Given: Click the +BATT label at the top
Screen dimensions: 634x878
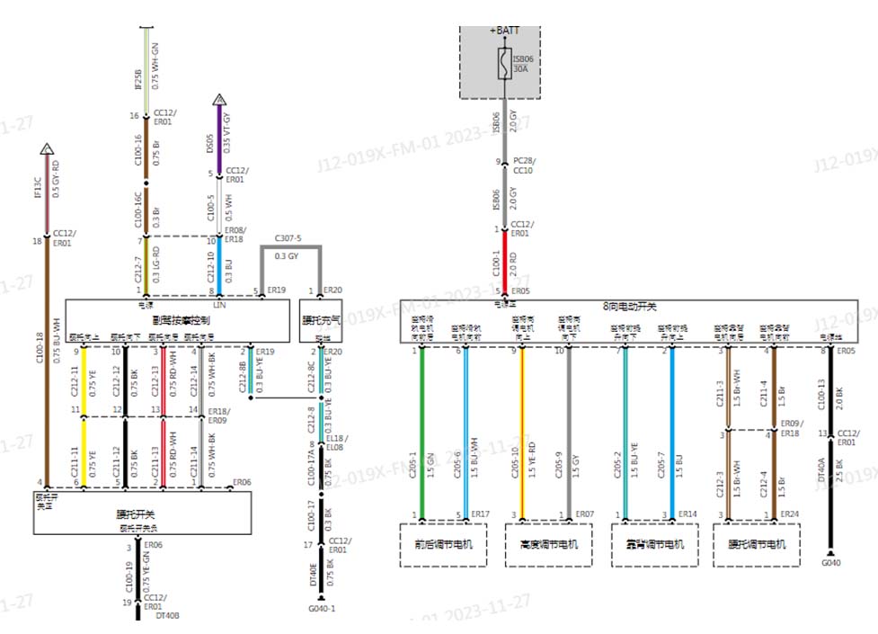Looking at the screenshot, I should point(504,31).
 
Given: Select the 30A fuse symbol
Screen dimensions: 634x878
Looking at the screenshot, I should point(504,64).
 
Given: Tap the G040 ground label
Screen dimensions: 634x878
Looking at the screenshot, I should point(830,564).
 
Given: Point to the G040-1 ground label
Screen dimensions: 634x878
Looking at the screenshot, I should point(322,608).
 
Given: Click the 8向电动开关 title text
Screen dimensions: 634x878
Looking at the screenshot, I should point(628,307).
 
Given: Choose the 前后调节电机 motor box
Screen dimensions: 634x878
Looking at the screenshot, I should point(444,545).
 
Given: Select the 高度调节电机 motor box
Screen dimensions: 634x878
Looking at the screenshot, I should point(549,545).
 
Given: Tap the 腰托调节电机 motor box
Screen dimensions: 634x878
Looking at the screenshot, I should point(757,545).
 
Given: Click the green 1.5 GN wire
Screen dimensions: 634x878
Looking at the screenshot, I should point(421,432).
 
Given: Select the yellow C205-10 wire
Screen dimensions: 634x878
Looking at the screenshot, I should point(521,432).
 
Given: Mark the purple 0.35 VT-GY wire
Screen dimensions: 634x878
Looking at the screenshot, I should point(218,135).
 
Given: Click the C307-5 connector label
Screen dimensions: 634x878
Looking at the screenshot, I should point(288,240).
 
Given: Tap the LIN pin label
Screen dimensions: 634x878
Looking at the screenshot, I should point(218,306).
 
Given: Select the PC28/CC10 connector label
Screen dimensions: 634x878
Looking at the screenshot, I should point(522,166).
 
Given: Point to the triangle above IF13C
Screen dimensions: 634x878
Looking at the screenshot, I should point(48,148).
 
